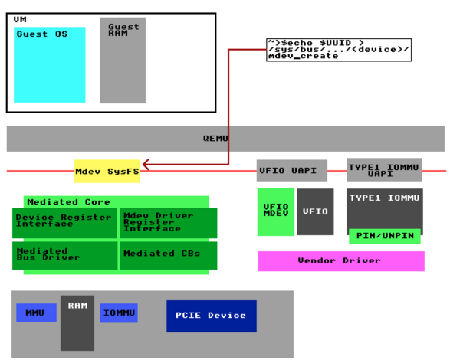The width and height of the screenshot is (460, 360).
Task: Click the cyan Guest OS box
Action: pos(50,65)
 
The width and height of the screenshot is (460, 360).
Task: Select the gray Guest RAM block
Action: pos(123,61)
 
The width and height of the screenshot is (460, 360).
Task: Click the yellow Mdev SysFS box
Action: pos(107,171)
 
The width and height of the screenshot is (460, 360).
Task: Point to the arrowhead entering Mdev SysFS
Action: pos(145,164)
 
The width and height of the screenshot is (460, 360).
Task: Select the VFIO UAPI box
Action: pos(292,170)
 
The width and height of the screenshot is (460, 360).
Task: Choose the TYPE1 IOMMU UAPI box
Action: pos(384,170)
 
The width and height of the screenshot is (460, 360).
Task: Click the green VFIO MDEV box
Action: pos(275,211)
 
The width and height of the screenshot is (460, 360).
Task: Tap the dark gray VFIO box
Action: pos(315,211)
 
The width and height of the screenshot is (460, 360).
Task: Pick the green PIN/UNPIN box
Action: pos(384,236)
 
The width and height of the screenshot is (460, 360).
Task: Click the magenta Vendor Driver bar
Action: pos(340,261)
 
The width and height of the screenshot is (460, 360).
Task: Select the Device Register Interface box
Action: pos(65,222)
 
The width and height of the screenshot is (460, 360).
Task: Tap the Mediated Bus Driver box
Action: pos(65,255)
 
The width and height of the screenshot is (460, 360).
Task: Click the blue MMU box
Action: pos(36,313)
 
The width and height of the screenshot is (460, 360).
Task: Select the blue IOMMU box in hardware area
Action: pos(119,313)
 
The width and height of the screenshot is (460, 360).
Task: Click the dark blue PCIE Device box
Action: pos(212,316)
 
